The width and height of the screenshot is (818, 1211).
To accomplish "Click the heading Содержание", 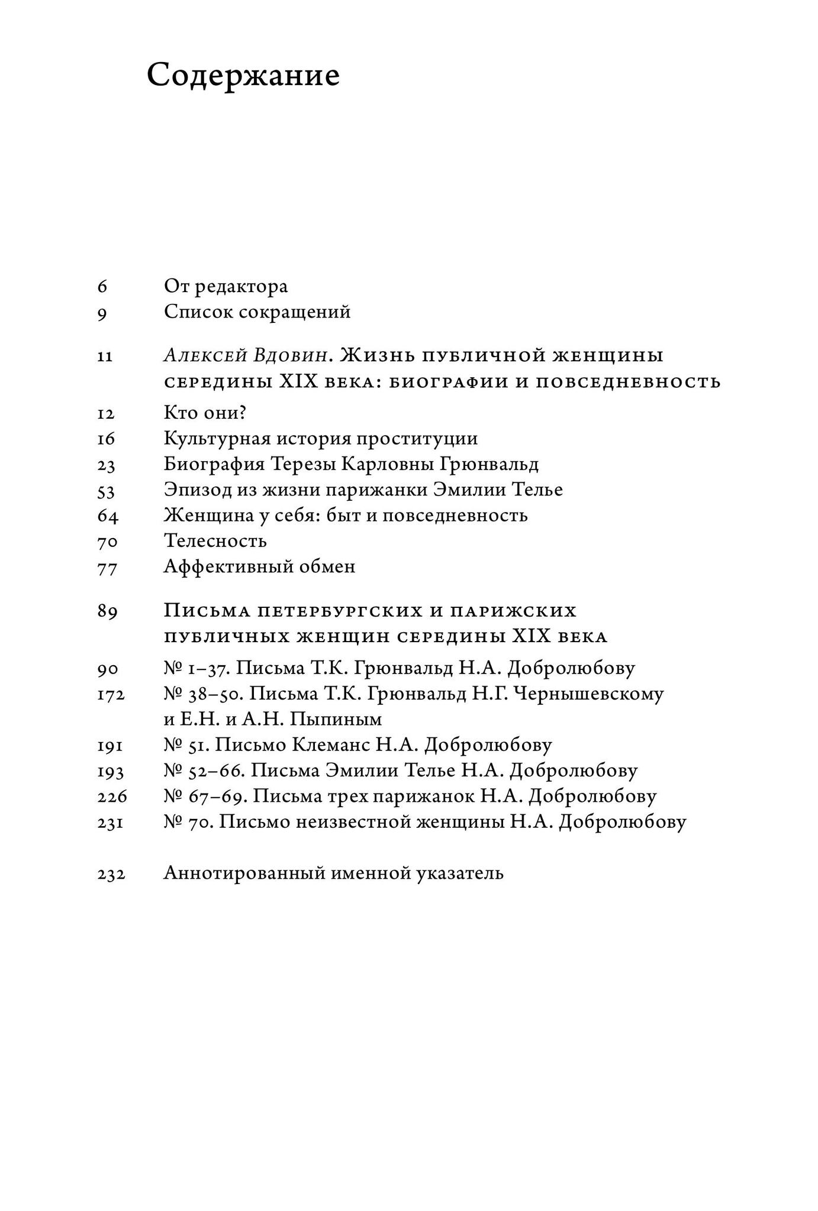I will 243,76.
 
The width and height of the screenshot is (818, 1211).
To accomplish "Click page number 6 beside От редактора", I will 102,287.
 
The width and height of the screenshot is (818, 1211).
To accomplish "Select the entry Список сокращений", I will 257,312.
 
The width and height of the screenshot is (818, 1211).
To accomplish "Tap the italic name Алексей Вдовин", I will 245,356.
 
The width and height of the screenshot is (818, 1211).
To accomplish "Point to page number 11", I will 105,357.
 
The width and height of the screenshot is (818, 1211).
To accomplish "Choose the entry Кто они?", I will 205,413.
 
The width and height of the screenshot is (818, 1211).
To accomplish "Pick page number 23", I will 107,465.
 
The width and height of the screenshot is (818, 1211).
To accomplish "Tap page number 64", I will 108,516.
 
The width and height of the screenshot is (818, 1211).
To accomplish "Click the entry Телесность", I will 215,541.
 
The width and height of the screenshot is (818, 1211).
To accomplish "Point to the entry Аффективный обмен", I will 259,566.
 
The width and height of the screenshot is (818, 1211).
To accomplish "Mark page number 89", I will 108,611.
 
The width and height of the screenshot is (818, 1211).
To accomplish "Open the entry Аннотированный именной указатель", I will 333,873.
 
